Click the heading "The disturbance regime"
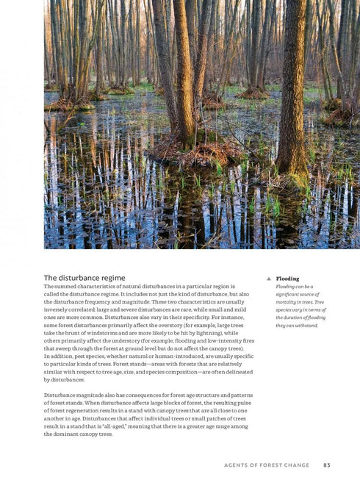point(84,277)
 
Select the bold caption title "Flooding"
point(287,279)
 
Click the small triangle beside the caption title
point(269,279)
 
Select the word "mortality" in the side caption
point(289,302)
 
